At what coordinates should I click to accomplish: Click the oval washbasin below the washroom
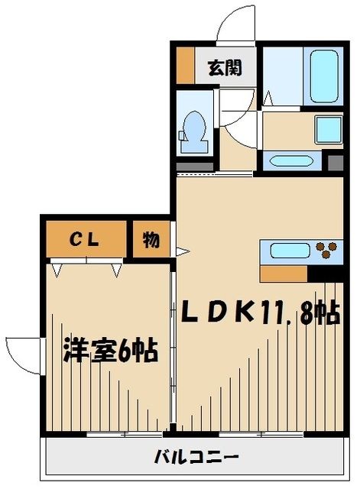point(291,161)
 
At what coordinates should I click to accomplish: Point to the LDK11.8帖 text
point(260,313)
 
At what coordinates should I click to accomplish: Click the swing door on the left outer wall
point(21,355)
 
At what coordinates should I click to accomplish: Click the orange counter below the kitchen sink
point(284,273)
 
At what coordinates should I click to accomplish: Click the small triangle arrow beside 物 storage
point(181,250)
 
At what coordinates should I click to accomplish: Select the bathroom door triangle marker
point(267,97)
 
